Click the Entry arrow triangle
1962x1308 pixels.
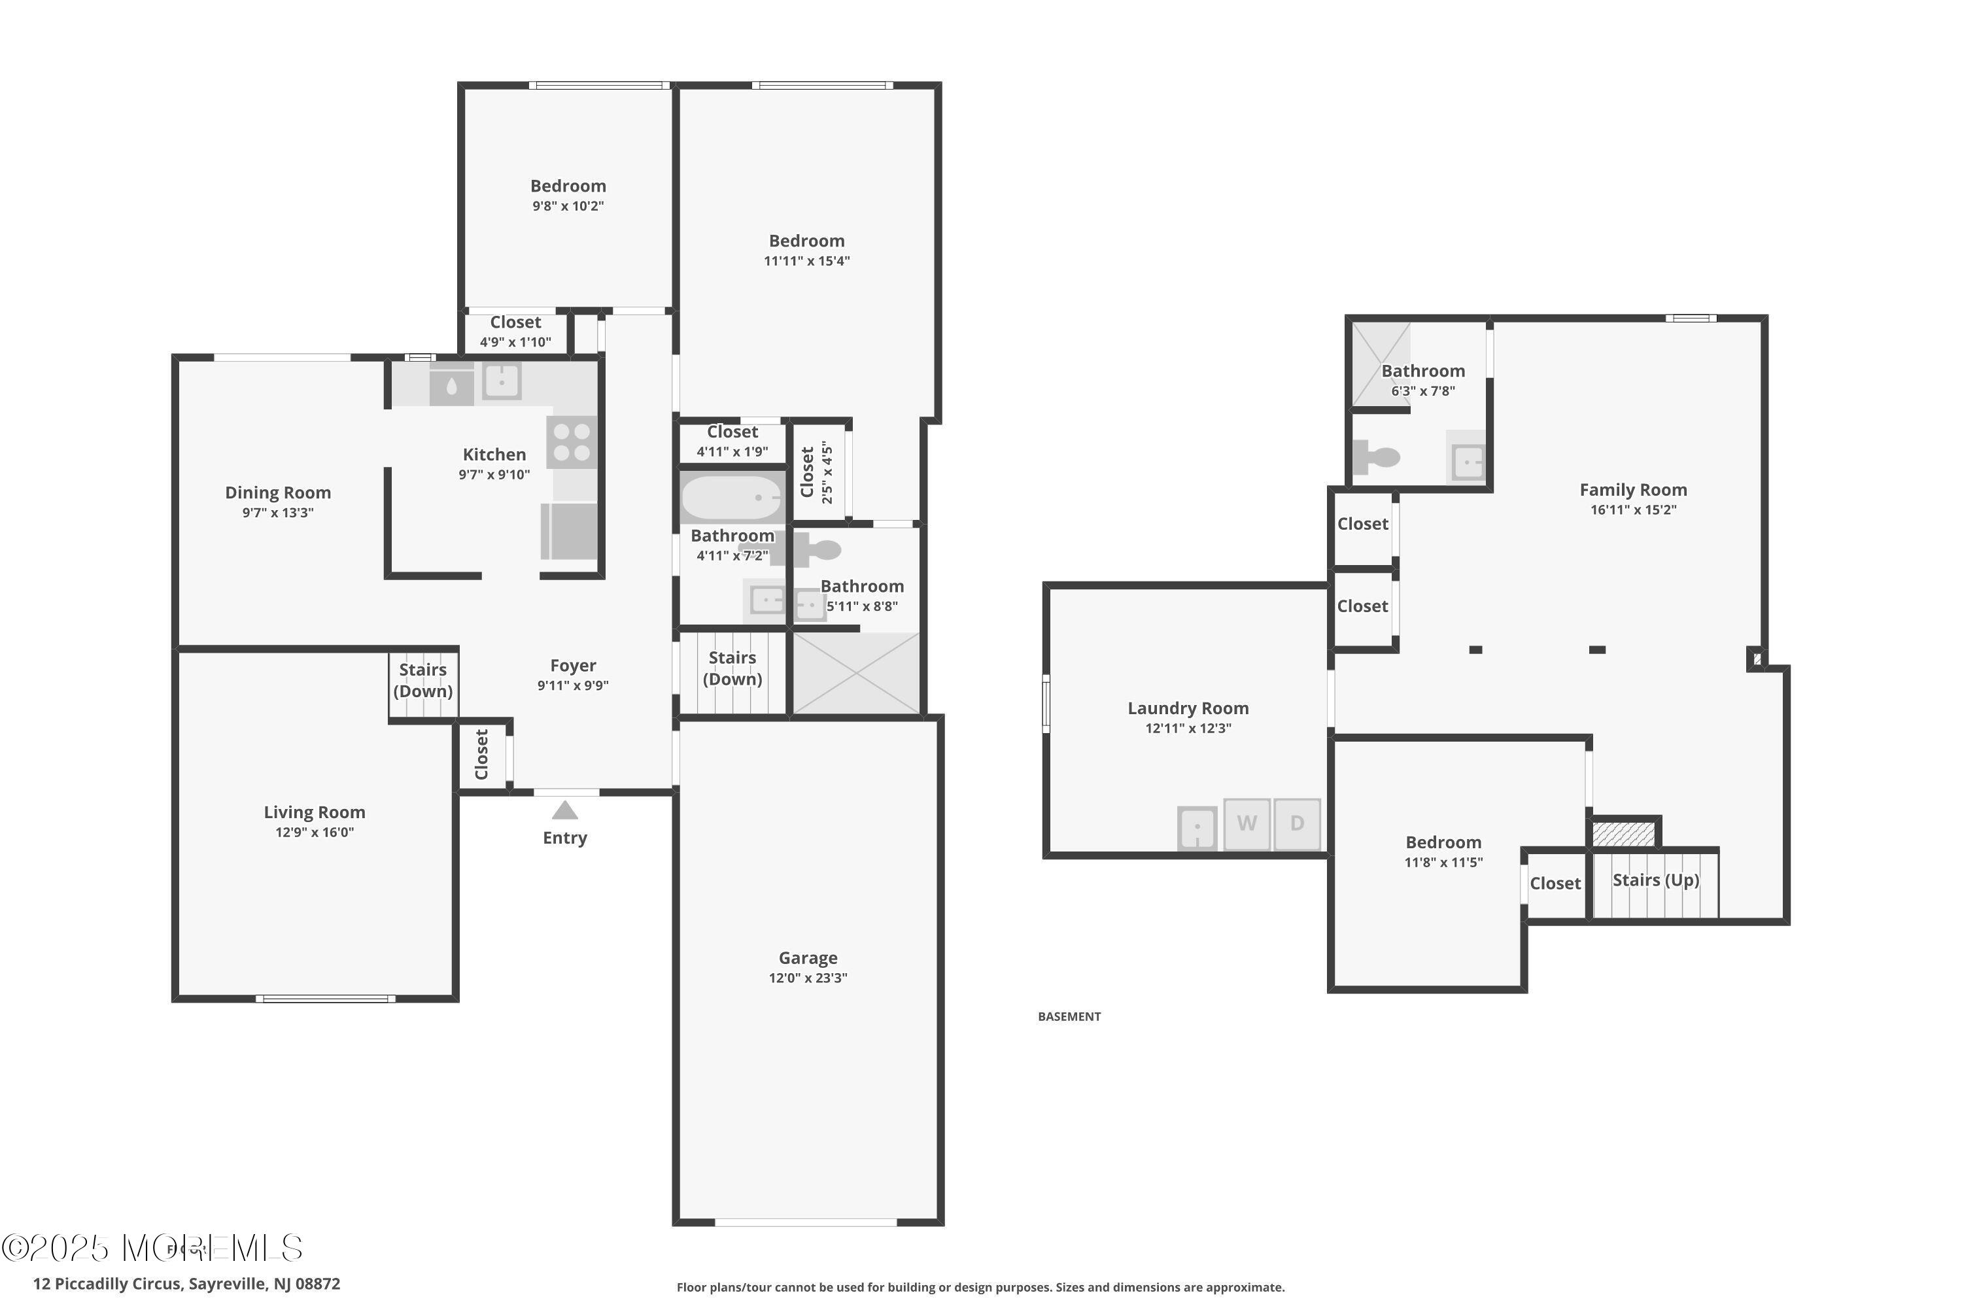565,810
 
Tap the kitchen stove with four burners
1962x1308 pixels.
572,442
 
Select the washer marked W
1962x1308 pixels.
1247,824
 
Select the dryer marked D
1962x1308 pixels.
1297,824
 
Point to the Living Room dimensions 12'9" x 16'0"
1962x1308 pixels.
315,833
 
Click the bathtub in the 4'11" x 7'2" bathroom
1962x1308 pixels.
732,497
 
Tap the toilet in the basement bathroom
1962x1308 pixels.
1377,457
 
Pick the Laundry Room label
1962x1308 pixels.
1188,708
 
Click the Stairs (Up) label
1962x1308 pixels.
1656,880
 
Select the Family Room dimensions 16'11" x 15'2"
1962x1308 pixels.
1633,509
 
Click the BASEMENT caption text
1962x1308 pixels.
1069,1016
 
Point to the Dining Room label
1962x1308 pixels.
278,493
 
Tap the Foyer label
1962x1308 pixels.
573,666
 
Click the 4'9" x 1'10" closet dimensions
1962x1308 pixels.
515,342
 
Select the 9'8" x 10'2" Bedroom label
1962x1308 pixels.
568,186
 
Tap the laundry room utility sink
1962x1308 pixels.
1197,827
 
